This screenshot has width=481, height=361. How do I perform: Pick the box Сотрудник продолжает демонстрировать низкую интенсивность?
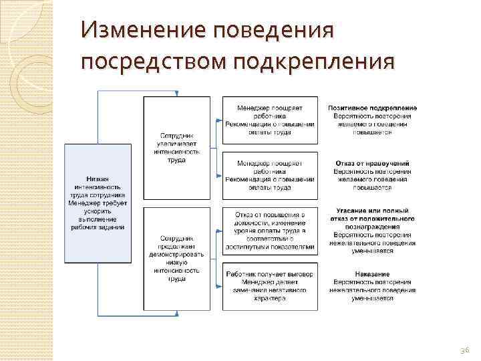pos(177,259)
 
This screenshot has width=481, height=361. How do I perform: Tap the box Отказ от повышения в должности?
pos(269,230)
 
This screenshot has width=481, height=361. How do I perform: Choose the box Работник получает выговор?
pos(269,286)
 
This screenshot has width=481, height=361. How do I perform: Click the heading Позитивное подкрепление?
pos(373,108)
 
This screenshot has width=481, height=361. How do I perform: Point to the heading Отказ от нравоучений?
pos(372,163)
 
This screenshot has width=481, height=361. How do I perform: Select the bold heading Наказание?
pos(372,274)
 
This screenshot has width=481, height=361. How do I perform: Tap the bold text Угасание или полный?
pos(372,211)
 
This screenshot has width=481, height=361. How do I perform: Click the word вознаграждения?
pos(372,227)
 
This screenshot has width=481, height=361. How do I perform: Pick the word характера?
pos(269,298)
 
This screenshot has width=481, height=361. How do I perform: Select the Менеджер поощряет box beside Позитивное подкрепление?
pos(269,119)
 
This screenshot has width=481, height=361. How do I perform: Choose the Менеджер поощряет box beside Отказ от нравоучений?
pos(269,175)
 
